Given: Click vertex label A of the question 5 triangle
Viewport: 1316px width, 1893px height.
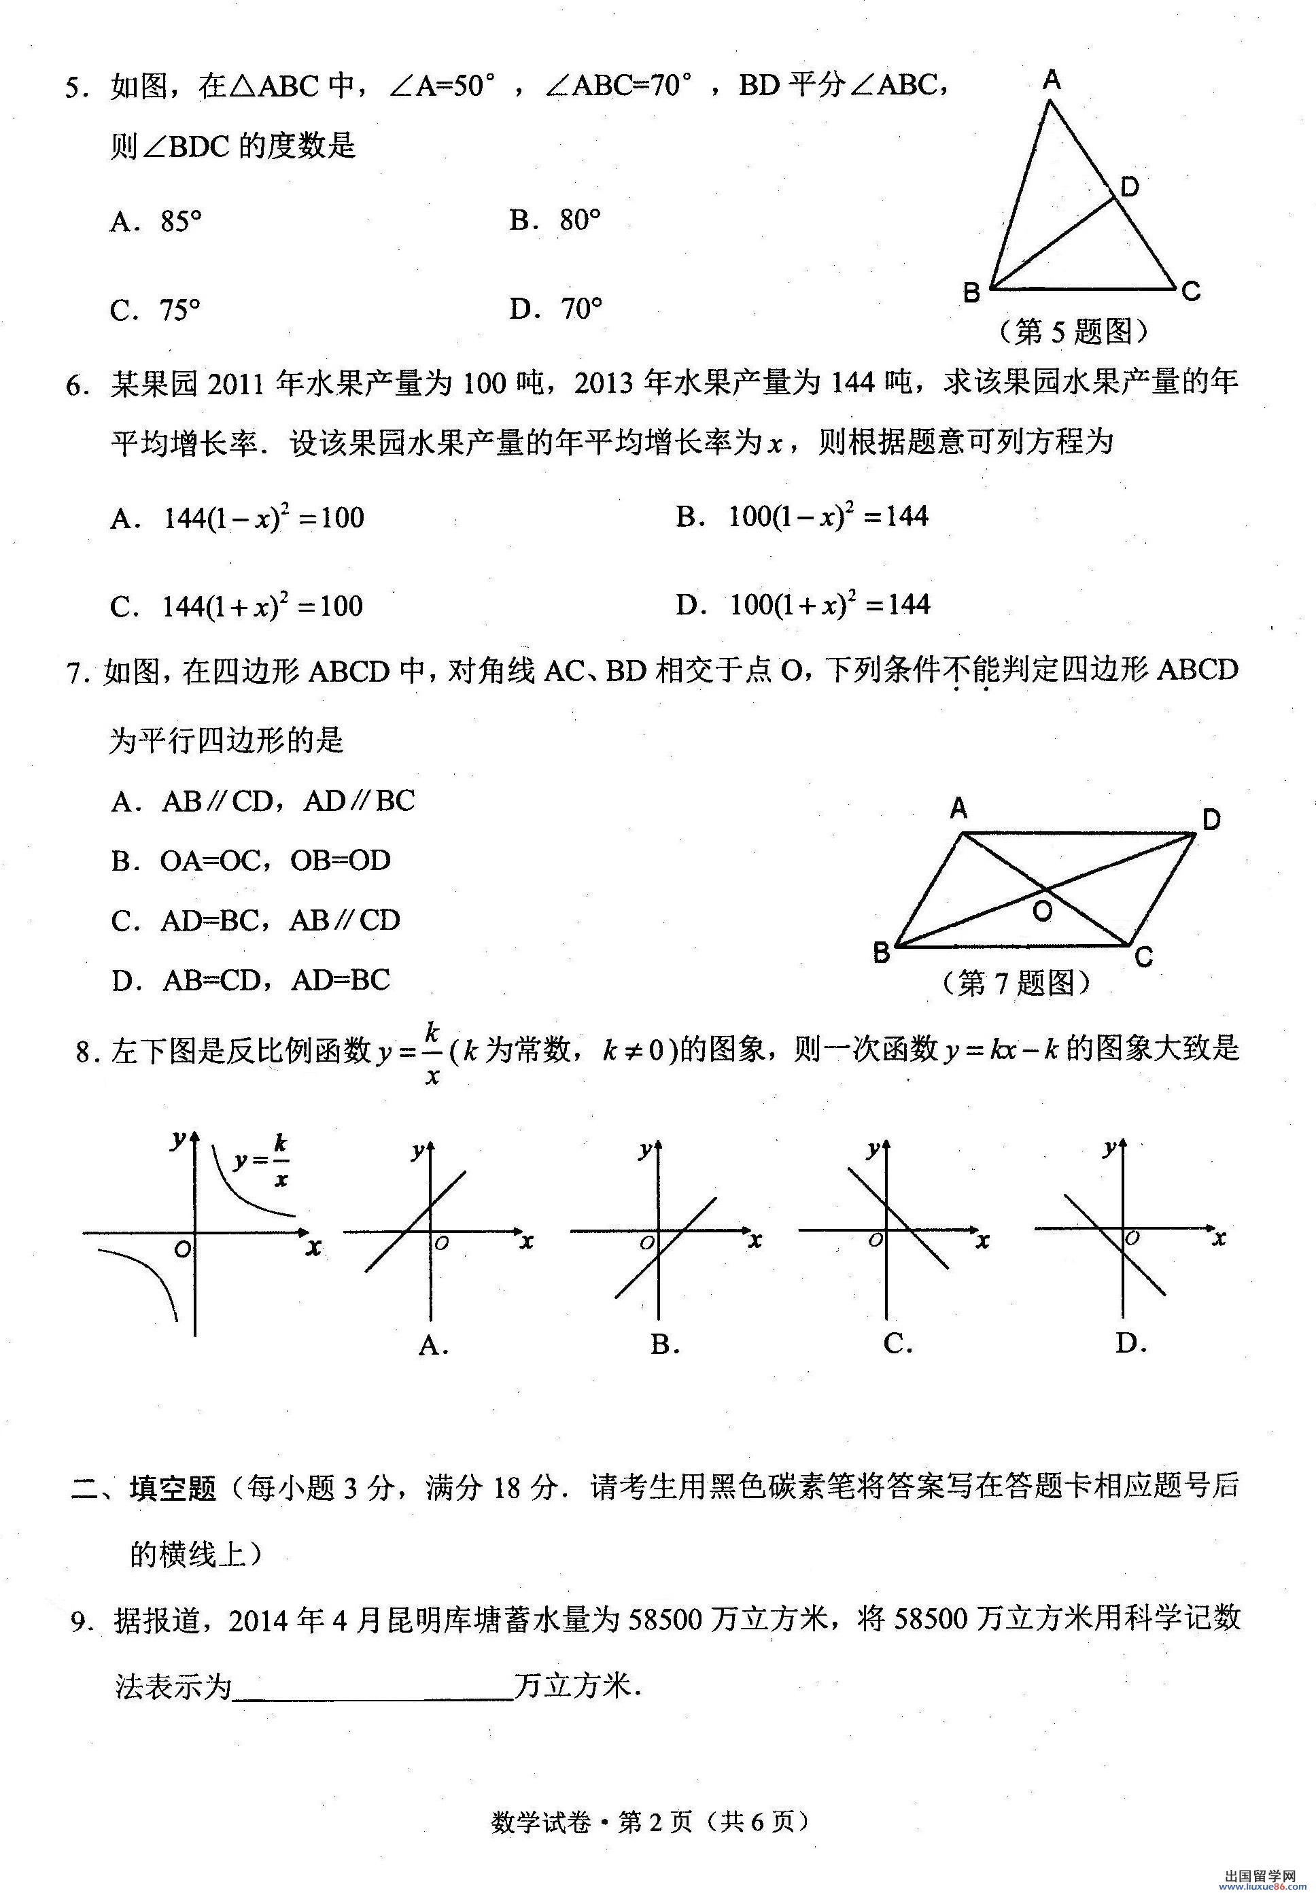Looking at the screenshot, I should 1052,80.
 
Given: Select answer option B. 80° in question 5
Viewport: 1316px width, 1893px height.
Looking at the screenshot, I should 555,220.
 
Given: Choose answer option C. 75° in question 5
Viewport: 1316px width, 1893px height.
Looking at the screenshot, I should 156,310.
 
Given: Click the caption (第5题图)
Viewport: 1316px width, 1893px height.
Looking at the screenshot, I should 1073,332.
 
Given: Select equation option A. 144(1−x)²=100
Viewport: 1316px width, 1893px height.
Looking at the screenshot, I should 237,518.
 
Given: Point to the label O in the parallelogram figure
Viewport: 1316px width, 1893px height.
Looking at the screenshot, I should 1042,911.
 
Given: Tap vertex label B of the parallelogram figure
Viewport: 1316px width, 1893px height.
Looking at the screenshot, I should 882,954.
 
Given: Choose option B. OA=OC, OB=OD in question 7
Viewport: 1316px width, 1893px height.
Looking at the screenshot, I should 252,861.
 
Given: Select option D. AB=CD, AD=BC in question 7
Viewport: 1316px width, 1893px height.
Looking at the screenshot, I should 252,979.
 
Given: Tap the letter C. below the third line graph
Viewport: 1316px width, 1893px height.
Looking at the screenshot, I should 897,1344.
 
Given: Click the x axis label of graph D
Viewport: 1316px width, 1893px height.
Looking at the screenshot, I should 1219,1238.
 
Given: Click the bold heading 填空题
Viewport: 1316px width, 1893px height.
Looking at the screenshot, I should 173,1487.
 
